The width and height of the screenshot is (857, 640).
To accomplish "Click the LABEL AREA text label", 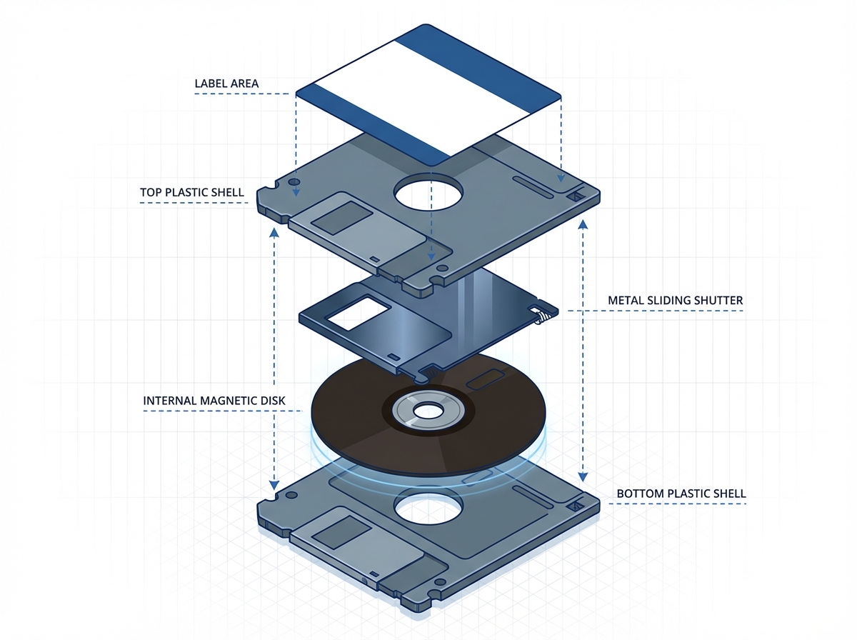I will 226,84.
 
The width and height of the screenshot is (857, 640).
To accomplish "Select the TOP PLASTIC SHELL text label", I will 192,193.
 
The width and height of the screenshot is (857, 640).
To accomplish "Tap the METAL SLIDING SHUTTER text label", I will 675,301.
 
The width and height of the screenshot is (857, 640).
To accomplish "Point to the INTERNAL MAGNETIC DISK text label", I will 214,401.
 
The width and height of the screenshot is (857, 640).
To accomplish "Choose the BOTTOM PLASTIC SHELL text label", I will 681,494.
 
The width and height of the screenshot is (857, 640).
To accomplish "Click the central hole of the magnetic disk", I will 428,410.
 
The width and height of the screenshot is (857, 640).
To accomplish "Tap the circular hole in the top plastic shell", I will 428,192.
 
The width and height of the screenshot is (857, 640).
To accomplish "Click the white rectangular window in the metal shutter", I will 355,314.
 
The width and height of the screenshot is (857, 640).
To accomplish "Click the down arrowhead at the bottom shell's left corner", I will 274,485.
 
